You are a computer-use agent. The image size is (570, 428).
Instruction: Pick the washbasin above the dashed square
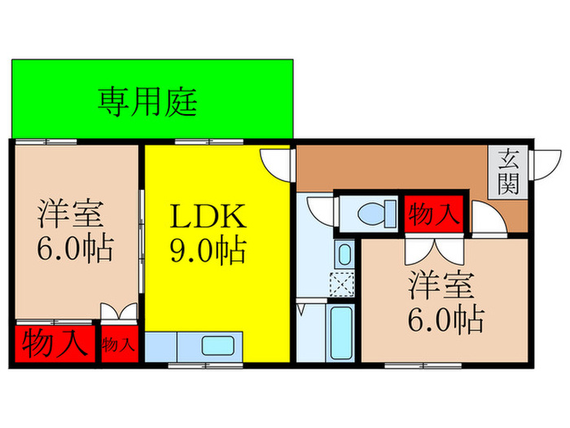pyautogui.click(x=344, y=254)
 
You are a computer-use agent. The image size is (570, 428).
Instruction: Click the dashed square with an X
pyautogui.click(x=343, y=285)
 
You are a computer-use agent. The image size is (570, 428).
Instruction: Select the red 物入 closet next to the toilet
pyautogui.click(x=434, y=214)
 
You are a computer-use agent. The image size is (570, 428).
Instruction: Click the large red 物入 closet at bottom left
pyautogui.click(x=54, y=342)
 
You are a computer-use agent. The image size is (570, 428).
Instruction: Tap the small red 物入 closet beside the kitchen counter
pyautogui.click(x=119, y=343)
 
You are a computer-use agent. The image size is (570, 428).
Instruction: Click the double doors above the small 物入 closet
pyautogui.click(x=119, y=313)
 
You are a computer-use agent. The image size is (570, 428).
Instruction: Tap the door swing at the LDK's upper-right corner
pyautogui.click(x=277, y=163)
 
